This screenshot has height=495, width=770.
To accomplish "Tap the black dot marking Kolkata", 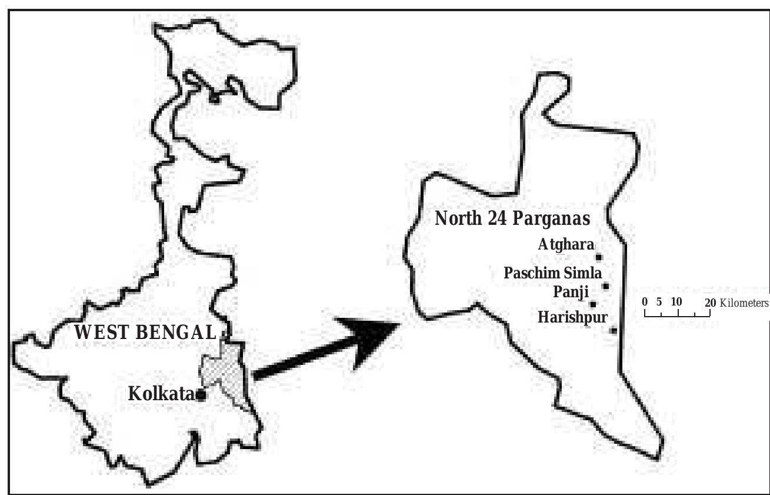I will (x=201, y=396).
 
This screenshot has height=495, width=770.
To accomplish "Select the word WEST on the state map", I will (x=101, y=332).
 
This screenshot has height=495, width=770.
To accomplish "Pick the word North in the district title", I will (x=459, y=218).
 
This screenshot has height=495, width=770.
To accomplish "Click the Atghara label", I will (x=565, y=245).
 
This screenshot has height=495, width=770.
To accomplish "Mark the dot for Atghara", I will (x=599, y=257).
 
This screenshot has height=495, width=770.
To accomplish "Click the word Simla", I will (x=581, y=273).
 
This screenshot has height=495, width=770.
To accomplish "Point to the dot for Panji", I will (x=593, y=304).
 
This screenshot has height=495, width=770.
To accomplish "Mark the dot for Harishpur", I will (x=613, y=330).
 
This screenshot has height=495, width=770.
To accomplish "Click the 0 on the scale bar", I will (x=645, y=302).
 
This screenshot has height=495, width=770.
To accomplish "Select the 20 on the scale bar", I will (x=710, y=302).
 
